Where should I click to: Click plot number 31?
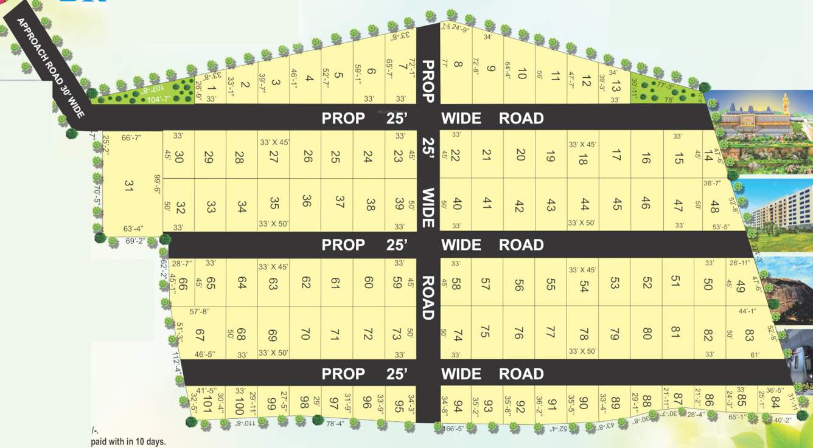(128, 185)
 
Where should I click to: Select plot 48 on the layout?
(714, 206)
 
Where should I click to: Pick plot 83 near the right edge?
(749, 335)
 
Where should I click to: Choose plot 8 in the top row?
(458, 64)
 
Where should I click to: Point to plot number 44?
(584, 204)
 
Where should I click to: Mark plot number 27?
(274, 156)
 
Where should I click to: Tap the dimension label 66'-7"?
(131, 138)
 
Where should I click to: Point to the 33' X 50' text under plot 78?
(582, 352)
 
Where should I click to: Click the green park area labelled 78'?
(667, 92)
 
